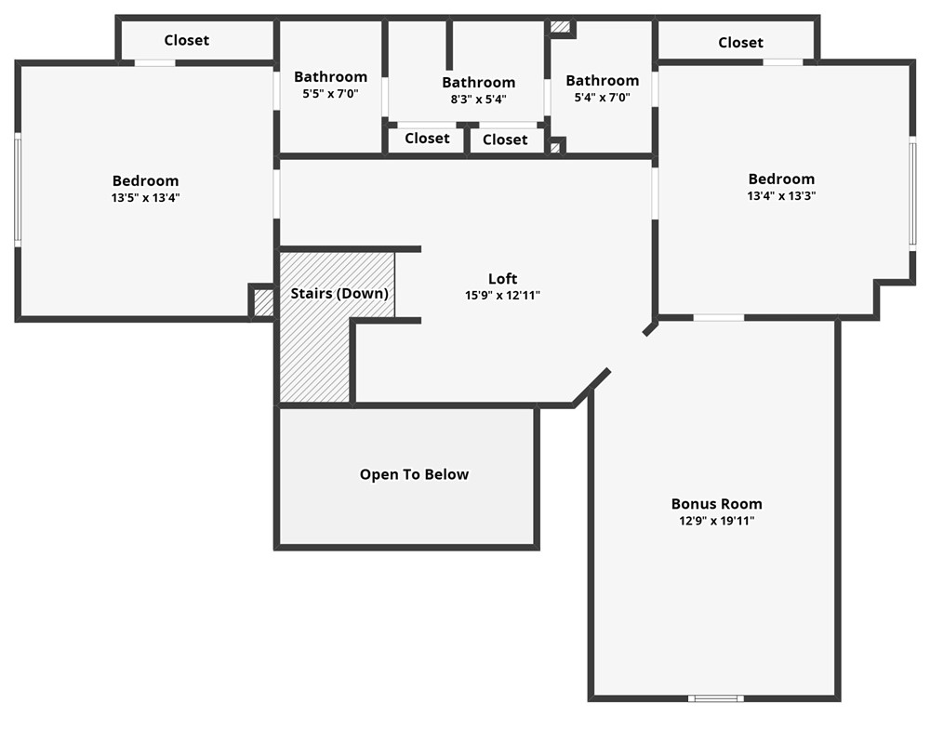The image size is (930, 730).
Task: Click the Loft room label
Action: coord(502,279)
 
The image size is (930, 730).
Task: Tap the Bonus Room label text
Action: coord(716,504)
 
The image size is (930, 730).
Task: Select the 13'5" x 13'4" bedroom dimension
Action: coord(145,198)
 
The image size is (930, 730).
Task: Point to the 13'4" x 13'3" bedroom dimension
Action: coord(781,196)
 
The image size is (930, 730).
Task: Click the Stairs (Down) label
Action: coord(339,294)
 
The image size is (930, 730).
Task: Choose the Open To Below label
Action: coord(414,475)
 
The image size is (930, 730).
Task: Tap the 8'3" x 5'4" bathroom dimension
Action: coord(478,100)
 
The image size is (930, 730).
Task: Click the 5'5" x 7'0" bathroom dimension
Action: coord(330,94)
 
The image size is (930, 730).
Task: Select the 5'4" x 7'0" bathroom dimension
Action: coord(602,98)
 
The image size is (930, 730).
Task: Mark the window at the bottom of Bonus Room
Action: coord(715,697)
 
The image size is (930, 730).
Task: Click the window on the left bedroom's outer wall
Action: coord(17,189)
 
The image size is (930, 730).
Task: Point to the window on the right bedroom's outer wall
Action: coord(912,192)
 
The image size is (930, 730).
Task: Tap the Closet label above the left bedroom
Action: coord(186,41)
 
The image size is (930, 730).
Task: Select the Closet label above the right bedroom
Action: coord(740,43)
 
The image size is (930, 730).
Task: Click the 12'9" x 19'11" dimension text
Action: coord(716,522)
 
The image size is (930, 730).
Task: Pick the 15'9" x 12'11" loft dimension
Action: coord(502,296)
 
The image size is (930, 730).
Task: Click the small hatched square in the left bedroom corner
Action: coord(263,302)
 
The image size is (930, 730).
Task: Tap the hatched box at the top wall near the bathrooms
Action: coord(559,27)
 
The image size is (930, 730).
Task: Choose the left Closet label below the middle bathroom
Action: coord(427,139)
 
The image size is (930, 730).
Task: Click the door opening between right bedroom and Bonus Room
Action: coord(718,318)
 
